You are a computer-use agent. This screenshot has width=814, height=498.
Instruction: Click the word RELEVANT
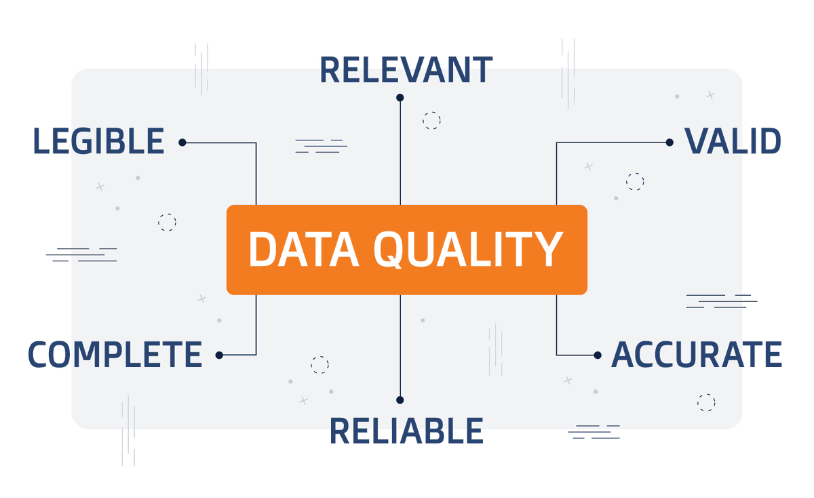pyautogui.click(x=406, y=71)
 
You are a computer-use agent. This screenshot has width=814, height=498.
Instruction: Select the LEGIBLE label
pyautogui.click(x=98, y=142)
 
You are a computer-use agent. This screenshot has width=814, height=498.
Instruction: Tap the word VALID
pyautogui.click(x=733, y=142)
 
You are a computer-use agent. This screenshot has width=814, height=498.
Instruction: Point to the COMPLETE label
pyautogui.click(x=115, y=355)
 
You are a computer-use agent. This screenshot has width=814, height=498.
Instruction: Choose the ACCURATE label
pyautogui.click(x=696, y=355)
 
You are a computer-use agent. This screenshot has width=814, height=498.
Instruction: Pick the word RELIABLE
pyautogui.click(x=406, y=432)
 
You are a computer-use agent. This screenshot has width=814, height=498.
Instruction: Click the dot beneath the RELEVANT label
pyautogui.click(x=400, y=98)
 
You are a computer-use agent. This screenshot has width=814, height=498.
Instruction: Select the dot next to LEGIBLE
pyautogui.click(x=182, y=142)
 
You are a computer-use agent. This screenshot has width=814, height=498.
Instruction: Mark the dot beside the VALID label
pyautogui.click(x=670, y=142)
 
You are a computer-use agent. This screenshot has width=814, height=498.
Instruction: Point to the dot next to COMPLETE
pyautogui.click(x=219, y=355)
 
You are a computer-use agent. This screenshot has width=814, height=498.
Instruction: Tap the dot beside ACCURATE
pyautogui.click(x=598, y=355)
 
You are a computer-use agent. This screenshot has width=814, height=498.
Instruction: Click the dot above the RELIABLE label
pyautogui.click(x=400, y=400)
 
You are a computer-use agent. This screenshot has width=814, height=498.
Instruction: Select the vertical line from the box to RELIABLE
pyautogui.click(x=400, y=346)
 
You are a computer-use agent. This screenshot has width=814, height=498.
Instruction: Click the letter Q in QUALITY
pyautogui.click(x=389, y=250)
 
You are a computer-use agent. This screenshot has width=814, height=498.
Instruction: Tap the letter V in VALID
pyautogui.click(x=697, y=142)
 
